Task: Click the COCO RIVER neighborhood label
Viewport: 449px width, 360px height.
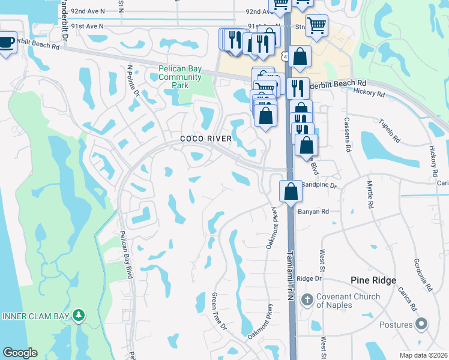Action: (x=206, y=139)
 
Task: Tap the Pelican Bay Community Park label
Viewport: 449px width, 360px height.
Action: (x=180, y=77)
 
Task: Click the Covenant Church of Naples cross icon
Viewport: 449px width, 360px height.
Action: (x=307, y=299)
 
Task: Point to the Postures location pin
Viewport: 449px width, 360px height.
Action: (x=421, y=325)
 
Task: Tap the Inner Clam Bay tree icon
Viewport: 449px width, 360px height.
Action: (x=78, y=315)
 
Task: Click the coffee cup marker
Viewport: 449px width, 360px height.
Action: (x=6, y=43)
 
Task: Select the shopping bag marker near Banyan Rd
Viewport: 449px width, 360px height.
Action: (x=291, y=192)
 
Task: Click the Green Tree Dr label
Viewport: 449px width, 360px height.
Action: (x=219, y=311)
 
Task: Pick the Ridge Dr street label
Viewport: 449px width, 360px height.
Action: (x=310, y=278)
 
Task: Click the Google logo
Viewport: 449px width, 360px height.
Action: (x=20, y=353)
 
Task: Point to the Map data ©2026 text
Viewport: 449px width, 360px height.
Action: (x=423, y=355)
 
